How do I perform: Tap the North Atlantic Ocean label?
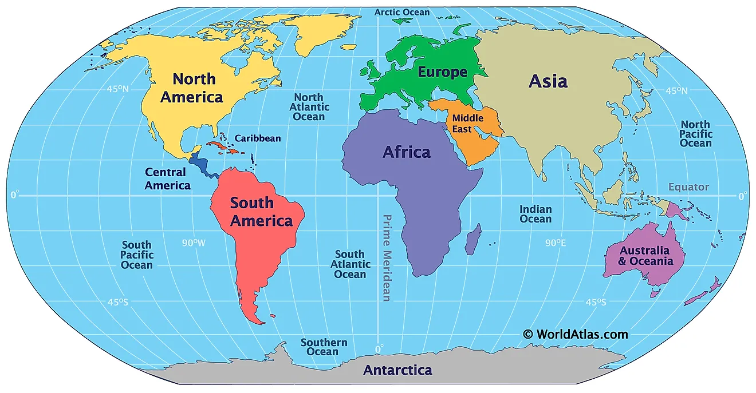pos(309,107)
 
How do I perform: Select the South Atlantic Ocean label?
pos(350,264)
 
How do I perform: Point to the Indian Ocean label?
pos(535,214)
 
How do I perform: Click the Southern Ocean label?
pos(324,347)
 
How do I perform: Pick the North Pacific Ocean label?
pos(695,134)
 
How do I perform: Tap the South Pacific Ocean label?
pos(137,255)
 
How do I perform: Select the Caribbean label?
pos(258,138)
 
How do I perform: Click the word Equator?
pos(688,187)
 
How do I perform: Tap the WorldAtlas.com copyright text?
pos(575,334)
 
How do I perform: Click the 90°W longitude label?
pos(194,243)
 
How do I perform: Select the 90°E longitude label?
pos(555,243)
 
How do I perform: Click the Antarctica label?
pos(397,370)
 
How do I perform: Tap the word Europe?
pos(442,72)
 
